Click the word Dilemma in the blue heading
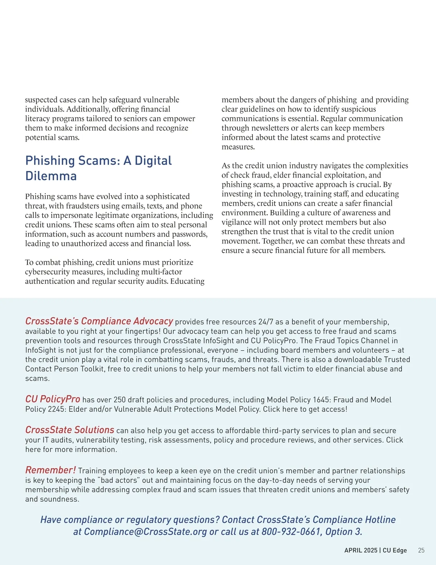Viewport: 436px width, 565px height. pyautogui.click(x=51, y=176)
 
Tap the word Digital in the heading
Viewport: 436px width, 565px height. pyautogui.click(x=153, y=160)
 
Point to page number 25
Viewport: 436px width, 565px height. pyautogui.click(x=421, y=550)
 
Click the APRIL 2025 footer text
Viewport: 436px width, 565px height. pyautogui.click(x=361, y=550)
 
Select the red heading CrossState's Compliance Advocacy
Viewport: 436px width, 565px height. pyautogui.click(x=99, y=321)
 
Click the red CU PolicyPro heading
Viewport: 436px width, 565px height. pyautogui.click(x=53, y=399)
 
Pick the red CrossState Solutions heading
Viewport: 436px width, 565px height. pyautogui.click(x=70, y=430)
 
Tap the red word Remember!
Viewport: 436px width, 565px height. pyautogui.click(x=51, y=470)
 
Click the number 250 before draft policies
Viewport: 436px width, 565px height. pyautogui.click(x=120, y=400)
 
